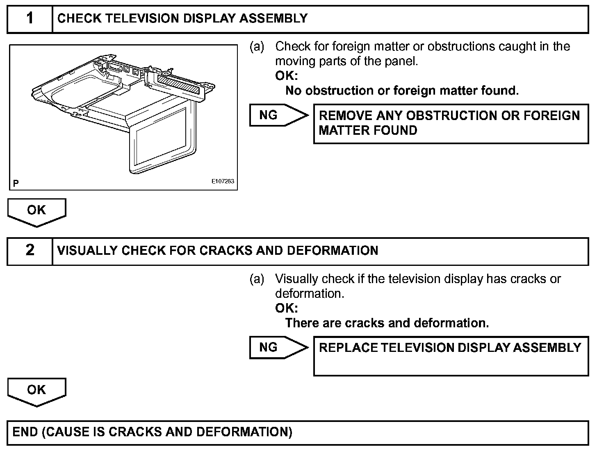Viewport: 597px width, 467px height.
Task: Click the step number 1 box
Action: [30, 19]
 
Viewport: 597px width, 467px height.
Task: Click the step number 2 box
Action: [30, 251]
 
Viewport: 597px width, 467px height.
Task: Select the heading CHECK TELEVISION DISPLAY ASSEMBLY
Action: [182, 18]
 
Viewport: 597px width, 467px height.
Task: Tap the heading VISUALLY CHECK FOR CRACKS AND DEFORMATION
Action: [217, 251]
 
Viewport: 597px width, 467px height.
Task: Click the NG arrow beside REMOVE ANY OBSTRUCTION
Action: [278, 115]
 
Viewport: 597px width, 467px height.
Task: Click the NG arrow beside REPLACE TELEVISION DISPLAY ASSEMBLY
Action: [278, 347]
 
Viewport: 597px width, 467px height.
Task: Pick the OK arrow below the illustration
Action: [36, 211]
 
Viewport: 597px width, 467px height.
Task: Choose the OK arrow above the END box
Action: [36, 391]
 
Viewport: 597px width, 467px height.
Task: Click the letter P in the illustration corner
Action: [16, 183]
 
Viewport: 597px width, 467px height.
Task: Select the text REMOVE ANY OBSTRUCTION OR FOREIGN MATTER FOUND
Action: [449, 123]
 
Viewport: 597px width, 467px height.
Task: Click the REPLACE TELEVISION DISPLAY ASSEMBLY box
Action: [450, 356]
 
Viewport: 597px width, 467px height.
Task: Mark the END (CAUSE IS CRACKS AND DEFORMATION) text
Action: [152, 432]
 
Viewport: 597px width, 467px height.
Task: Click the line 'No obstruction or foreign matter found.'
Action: [402, 91]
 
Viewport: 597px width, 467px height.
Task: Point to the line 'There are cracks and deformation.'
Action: [387, 323]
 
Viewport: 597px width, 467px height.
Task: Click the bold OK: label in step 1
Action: [286, 76]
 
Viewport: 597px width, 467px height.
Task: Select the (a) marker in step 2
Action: [257, 279]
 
